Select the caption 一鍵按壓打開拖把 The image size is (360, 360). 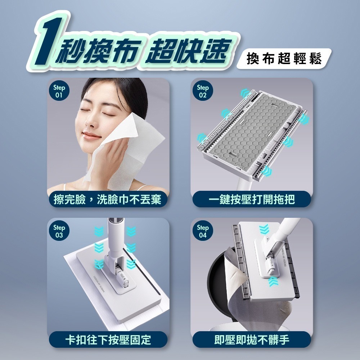[252, 199]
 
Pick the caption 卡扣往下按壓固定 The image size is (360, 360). [108, 339]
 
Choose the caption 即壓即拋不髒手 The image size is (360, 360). [252, 339]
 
